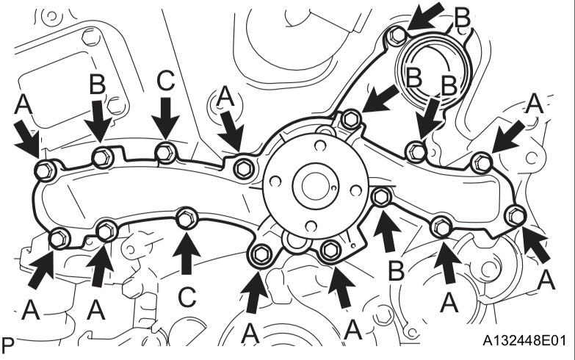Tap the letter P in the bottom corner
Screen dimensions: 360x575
click(9, 343)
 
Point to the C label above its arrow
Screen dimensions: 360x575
click(166, 82)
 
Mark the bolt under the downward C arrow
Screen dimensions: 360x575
click(166, 152)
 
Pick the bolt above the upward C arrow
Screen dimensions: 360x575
click(187, 218)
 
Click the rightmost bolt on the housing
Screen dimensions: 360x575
click(515, 215)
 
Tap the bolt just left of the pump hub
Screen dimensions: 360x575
click(242, 168)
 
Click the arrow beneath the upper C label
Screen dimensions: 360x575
click(167, 118)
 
